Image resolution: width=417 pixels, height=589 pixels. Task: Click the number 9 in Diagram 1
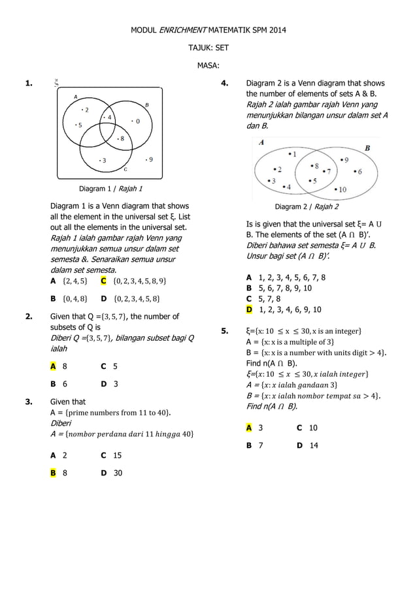click(x=151, y=159)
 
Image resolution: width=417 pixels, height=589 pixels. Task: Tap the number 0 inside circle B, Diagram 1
click(x=137, y=121)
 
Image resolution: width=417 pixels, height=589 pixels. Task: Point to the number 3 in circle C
click(x=105, y=159)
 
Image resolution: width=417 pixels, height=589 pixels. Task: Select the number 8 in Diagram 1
click(x=122, y=138)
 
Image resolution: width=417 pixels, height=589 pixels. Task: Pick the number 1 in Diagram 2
click(x=294, y=154)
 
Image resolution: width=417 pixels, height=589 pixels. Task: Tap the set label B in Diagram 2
click(x=367, y=148)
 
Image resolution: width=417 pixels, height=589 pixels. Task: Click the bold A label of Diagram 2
click(x=262, y=142)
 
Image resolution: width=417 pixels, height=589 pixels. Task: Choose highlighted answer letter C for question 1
click(x=103, y=281)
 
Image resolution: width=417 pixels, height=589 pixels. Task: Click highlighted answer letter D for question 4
click(x=249, y=310)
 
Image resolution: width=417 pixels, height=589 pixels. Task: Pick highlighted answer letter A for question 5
click(x=249, y=428)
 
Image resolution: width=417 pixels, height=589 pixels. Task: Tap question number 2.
click(x=29, y=317)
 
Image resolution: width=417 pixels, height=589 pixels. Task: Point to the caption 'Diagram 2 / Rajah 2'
click(x=307, y=208)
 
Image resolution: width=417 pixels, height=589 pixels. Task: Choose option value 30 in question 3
click(x=118, y=473)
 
